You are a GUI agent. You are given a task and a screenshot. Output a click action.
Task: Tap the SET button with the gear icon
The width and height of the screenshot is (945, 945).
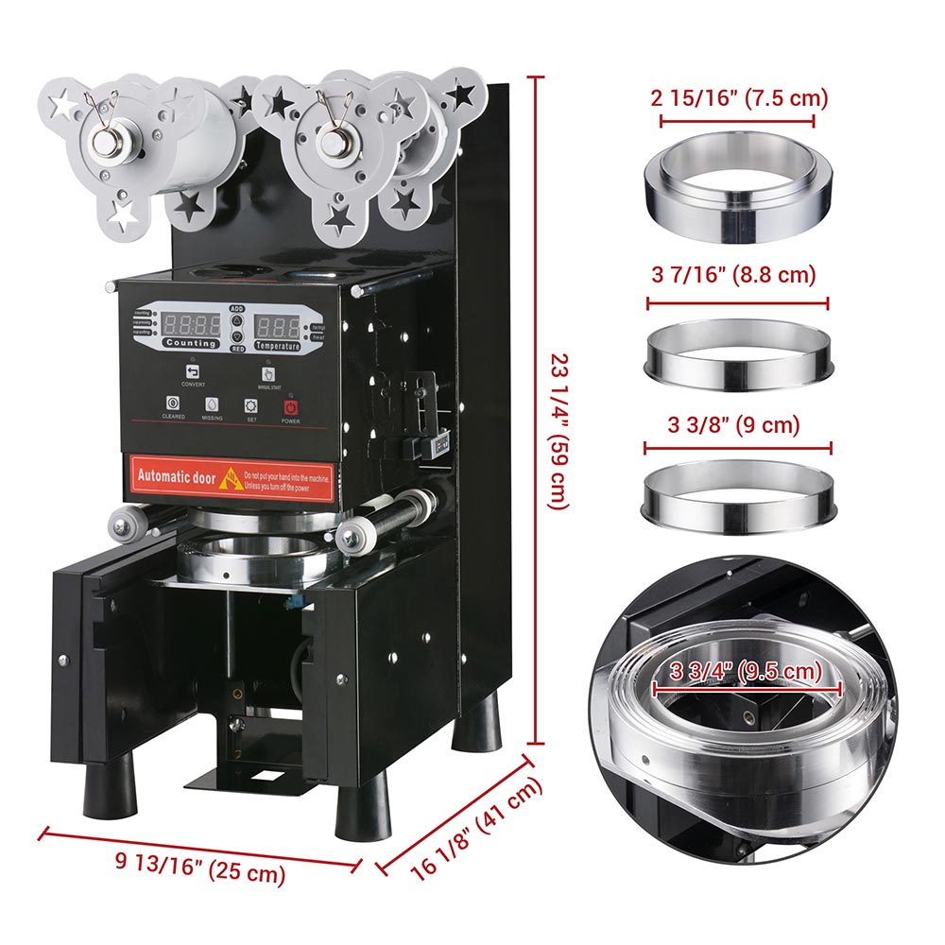click(x=251, y=404)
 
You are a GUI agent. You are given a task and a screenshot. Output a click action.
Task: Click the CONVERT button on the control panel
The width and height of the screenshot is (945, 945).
click(x=180, y=371)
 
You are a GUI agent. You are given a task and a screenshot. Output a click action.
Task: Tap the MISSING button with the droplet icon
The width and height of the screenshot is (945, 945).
click(x=212, y=404)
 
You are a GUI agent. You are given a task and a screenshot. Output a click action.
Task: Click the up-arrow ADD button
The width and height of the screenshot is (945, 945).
click(x=237, y=320)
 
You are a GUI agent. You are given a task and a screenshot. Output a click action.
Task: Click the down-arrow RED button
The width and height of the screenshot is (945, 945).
click(x=237, y=337)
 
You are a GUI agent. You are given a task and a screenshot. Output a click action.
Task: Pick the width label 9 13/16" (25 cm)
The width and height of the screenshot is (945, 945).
click(x=200, y=866)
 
